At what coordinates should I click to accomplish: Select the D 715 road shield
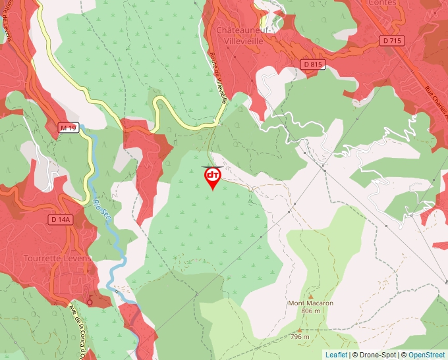pyautogui.click(x=391, y=41)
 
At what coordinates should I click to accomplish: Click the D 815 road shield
pyautogui.click(x=314, y=64)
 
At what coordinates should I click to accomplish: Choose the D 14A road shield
pyautogui.click(x=61, y=219)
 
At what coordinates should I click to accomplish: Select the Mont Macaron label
pyautogui.click(x=310, y=303)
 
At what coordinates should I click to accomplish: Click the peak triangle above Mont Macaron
pyautogui.click(x=310, y=296)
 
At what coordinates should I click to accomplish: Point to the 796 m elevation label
pyautogui.click(x=300, y=336)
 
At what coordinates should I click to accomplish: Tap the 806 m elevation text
pyautogui.click(x=310, y=311)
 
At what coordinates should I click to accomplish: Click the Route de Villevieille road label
pyautogui.click(x=219, y=78)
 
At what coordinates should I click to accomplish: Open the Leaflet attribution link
pyautogui.click(x=336, y=355)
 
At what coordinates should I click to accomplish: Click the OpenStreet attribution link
pyautogui.click(x=426, y=355)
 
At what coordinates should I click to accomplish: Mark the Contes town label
pyautogui.click(x=383, y=3)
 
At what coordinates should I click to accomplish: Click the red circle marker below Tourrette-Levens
pyautogui.click(x=90, y=302)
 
